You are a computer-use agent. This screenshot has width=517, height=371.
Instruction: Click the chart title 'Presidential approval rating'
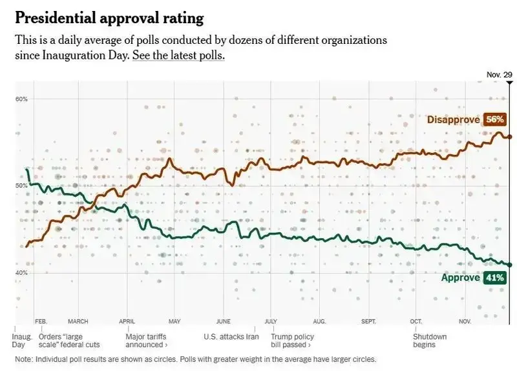coord(109,17)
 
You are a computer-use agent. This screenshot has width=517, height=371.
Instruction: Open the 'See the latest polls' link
coord(178,55)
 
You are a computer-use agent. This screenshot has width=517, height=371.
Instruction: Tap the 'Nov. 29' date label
coord(499,75)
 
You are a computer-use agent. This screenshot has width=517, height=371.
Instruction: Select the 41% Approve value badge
coord(494,278)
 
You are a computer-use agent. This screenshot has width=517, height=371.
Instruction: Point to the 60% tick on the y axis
coord(21,99)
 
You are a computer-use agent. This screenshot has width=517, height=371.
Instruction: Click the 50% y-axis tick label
coord(21,186)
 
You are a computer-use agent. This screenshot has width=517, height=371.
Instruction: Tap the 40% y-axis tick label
coord(21,273)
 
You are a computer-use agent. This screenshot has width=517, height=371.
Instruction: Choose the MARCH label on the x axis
coord(78,321)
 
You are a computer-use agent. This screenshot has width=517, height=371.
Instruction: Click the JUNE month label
coord(223,321)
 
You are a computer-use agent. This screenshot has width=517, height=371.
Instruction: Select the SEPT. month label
coord(368,321)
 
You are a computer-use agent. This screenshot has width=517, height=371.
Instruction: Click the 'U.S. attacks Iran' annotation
coord(231,336)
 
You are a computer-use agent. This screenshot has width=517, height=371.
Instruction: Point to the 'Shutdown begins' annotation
coord(430,340)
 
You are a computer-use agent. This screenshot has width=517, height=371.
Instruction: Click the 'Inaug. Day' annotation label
coord(21,340)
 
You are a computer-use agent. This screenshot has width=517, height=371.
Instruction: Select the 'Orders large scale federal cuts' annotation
coord(69,340)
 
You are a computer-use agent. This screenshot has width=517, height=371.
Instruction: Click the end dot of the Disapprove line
coord(510,137)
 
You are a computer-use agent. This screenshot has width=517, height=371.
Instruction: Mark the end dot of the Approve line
coord(510,265)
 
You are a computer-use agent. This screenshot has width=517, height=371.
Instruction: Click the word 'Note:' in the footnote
coord(25,359)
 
